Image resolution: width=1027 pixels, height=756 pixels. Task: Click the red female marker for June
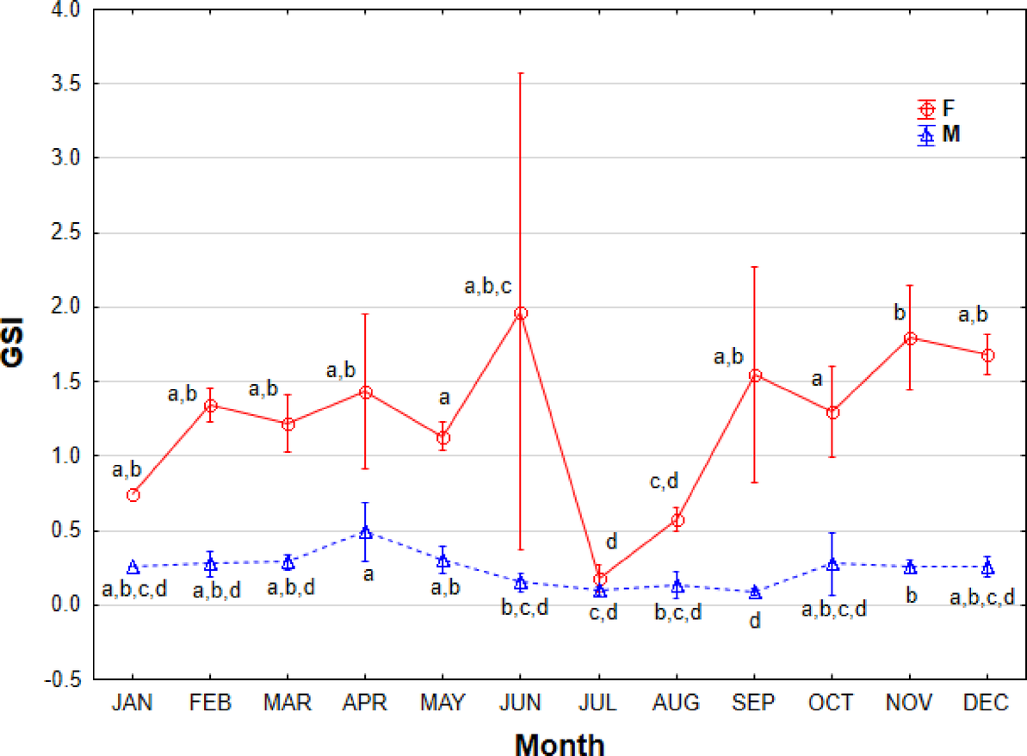coord(521,313)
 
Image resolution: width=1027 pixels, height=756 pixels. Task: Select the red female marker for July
coord(600,579)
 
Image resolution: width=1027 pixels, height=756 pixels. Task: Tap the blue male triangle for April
coord(366,532)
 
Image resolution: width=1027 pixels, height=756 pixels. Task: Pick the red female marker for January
coord(133,495)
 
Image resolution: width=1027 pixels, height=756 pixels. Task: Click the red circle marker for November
coord(910,338)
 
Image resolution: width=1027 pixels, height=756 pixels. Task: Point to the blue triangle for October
coord(832,564)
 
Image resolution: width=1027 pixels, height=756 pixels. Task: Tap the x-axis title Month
coord(560,743)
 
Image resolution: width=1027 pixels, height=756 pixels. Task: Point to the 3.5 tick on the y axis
coord(67,84)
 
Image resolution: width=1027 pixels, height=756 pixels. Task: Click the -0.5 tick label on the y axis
coord(65,679)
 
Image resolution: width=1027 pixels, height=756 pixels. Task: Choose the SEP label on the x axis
coord(754,703)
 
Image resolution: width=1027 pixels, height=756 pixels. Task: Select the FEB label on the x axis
coord(210,703)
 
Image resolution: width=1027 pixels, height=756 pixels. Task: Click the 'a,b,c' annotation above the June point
coord(489,288)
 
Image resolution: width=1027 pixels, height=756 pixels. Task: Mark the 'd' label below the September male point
coord(755,620)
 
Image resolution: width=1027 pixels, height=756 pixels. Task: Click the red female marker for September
coord(755,375)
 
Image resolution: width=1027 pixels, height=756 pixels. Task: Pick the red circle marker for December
coord(987,355)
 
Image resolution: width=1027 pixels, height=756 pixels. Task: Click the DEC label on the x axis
coord(987,703)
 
